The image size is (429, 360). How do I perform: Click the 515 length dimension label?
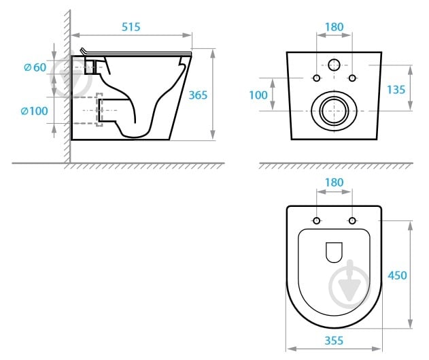click(x=131, y=27)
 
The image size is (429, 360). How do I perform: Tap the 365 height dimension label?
click(x=198, y=95)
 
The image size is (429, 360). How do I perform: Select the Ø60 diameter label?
click(x=35, y=67)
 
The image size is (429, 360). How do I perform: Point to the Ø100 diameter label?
click(x=35, y=111)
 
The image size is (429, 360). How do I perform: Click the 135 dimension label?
click(x=396, y=90)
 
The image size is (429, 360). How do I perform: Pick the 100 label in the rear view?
click(x=258, y=95)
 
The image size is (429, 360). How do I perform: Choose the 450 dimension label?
click(x=397, y=275)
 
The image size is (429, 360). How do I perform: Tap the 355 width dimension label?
click(x=334, y=340)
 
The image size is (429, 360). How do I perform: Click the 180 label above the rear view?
click(x=334, y=27)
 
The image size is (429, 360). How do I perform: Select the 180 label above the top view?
click(x=334, y=182)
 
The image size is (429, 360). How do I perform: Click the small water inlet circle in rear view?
click(x=334, y=65)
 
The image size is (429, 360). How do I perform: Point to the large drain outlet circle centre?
click(x=334, y=111)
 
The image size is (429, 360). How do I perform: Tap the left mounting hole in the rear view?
click(x=317, y=78)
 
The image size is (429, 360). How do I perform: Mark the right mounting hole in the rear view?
click(x=352, y=78)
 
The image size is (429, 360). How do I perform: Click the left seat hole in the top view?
click(x=317, y=220)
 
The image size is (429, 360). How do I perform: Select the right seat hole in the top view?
click(x=352, y=220)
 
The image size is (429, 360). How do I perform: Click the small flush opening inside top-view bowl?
click(x=334, y=252)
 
